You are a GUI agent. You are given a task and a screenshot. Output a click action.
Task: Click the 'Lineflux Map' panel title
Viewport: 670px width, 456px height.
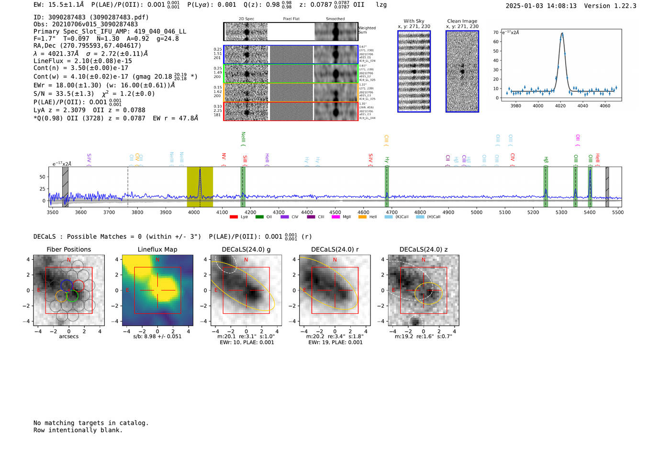(x=157, y=249)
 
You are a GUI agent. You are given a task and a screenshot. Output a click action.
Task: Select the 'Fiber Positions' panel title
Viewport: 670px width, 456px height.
(x=68, y=249)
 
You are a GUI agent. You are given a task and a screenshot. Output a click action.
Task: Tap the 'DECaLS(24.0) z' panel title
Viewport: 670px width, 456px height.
(x=423, y=249)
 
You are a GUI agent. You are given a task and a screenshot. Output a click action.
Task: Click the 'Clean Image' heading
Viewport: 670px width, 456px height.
(x=462, y=21)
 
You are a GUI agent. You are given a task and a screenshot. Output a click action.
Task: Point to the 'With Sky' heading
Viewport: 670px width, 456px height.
(x=413, y=21)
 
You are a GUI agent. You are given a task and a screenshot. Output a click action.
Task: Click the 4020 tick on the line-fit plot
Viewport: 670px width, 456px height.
(x=560, y=106)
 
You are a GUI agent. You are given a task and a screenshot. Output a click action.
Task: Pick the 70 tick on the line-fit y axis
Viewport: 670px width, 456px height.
(x=496, y=33)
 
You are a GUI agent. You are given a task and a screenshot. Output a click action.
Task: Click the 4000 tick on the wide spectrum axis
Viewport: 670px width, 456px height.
(x=194, y=212)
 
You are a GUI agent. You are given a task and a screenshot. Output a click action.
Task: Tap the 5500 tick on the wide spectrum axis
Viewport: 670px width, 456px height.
(x=618, y=212)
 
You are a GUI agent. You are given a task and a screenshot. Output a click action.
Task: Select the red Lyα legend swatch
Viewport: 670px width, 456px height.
(x=234, y=217)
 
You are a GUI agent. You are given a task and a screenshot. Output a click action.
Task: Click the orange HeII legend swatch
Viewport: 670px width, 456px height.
(x=362, y=217)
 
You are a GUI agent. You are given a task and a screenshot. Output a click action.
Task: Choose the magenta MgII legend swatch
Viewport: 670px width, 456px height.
(x=335, y=217)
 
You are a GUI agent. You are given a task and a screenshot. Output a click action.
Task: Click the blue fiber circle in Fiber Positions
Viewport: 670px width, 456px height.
(x=67, y=285)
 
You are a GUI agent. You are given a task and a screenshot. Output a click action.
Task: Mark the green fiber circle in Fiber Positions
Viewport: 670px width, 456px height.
(x=72, y=296)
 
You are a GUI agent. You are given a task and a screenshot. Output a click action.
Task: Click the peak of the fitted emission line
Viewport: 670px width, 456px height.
(x=562, y=33)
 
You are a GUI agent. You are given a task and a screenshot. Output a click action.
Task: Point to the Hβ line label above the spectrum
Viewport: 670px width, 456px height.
(x=546, y=160)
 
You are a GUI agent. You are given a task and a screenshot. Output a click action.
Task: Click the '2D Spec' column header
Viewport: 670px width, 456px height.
(x=246, y=19)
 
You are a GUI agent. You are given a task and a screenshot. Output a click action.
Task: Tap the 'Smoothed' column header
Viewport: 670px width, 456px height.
(x=335, y=19)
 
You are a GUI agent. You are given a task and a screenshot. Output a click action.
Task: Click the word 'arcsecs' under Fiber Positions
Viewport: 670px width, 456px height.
(x=68, y=336)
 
